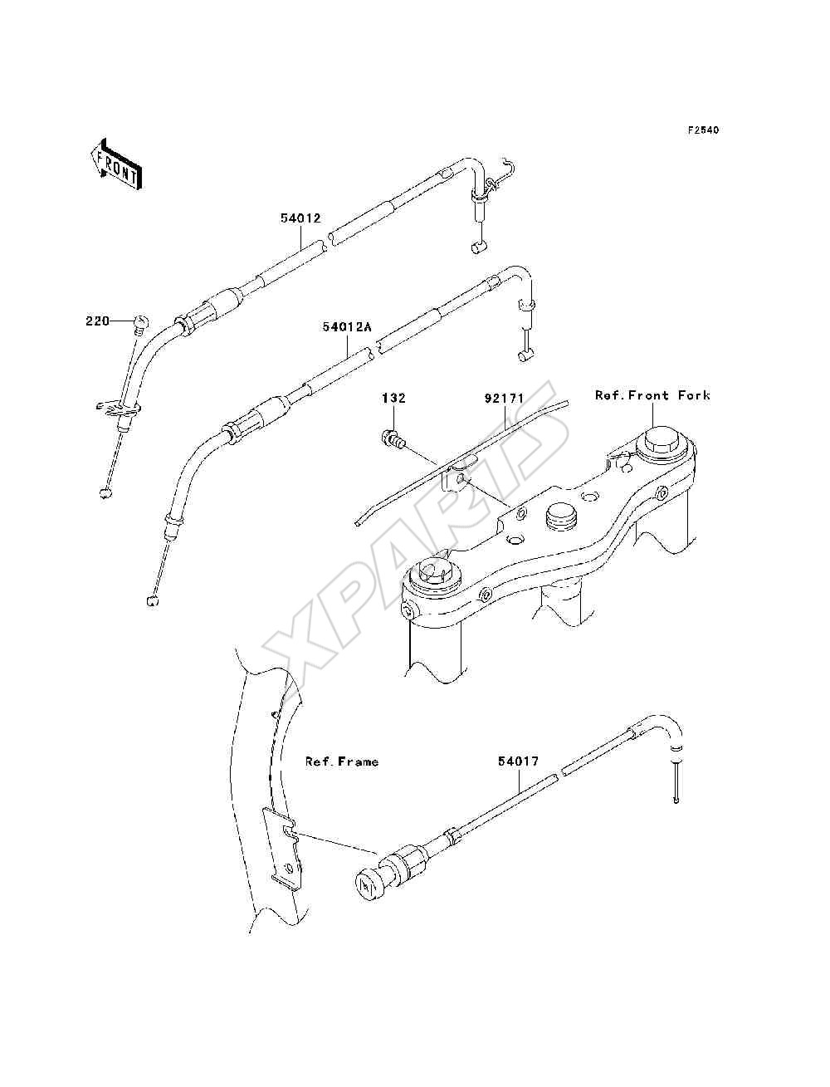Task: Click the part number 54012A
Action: pyautogui.click(x=346, y=327)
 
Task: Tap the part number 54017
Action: pyautogui.click(x=518, y=761)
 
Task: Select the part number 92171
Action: pyautogui.click(x=504, y=399)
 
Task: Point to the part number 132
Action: pyautogui.click(x=393, y=398)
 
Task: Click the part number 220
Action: pyautogui.click(x=97, y=321)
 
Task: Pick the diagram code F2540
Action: pyautogui.click(x=703, y=130)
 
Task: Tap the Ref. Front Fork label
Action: pyautogui.click(x=652, y=395)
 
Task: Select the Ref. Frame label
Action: pyautogui.click(x=341, y=761)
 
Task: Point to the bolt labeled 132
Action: pyautogui.click(x=393, y=438)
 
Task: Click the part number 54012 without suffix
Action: pyautogui.click(x=300, y=218)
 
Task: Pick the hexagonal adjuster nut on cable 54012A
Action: pyautogui.click(x=231, y=428)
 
